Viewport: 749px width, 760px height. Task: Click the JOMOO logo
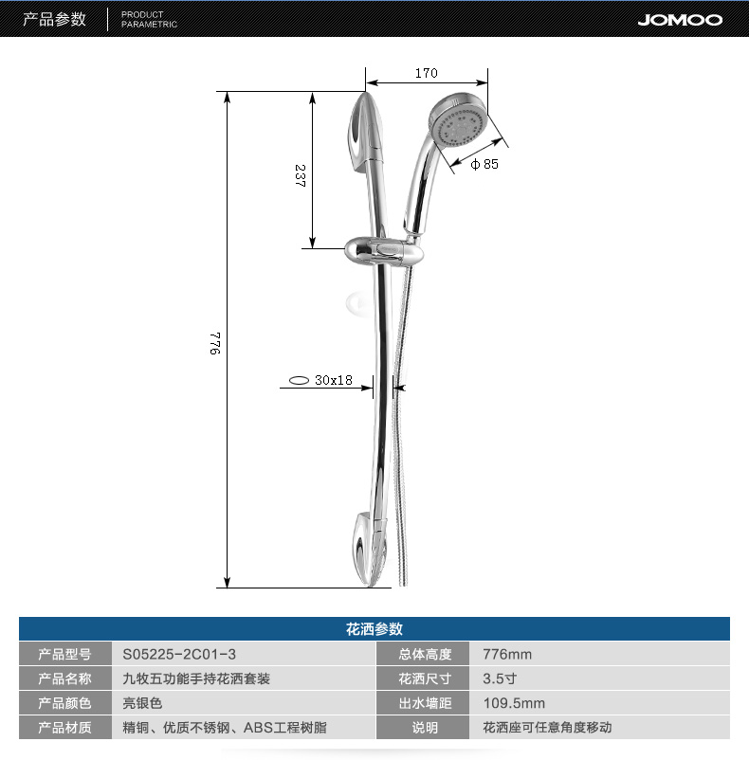(x=679, y=19)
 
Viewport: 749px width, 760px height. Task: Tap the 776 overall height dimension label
(x=215, y=342)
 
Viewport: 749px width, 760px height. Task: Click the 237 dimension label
(x=300, y=175)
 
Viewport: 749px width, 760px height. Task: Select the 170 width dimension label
(x=426, y=73)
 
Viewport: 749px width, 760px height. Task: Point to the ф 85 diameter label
(x=484, y=164)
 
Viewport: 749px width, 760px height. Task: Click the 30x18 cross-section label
(x=333, y=380)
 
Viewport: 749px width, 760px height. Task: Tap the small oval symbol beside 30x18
(x=299, y=380)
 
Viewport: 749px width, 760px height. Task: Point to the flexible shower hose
(x=403, y=426)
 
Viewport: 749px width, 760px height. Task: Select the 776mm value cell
(x=507, y=654)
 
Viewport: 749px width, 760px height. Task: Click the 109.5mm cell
(x=514, y=703)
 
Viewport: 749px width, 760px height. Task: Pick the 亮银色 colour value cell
(x=143, y=703)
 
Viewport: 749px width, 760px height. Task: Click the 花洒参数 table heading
(x=374, y=629)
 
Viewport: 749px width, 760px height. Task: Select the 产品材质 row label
(x=65, y=728)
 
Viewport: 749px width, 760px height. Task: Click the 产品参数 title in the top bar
(x=54, y=19)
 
